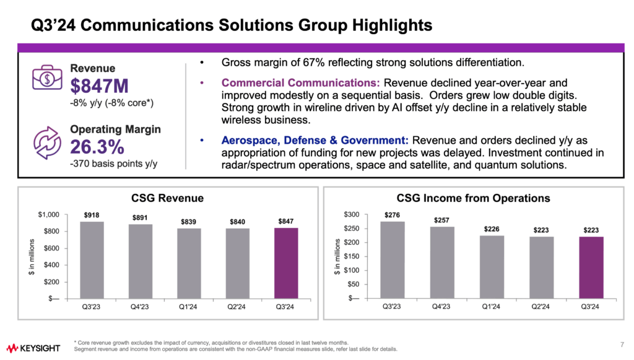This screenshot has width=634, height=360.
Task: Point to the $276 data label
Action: click(392, 214)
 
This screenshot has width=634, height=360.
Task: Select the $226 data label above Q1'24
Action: click(491, 228)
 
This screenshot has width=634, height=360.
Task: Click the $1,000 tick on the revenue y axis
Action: click(48, 214)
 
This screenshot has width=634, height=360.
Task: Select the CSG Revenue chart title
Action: click(168, 198)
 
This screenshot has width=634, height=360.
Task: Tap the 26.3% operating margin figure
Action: click(97, 147)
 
